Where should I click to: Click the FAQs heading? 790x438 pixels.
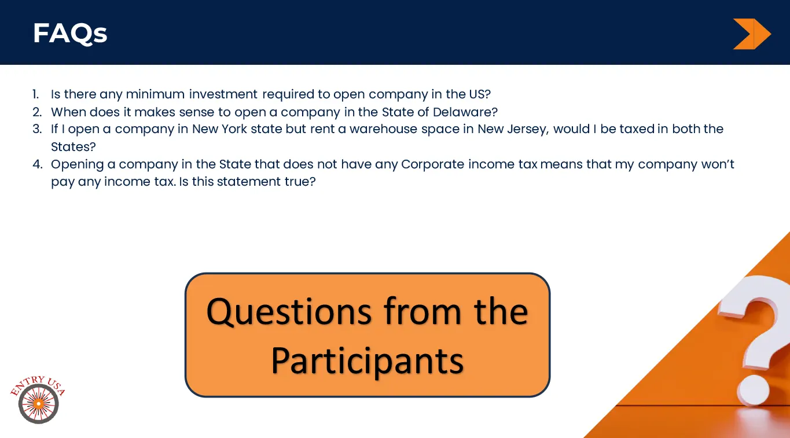pyautogui.click(x=70, y=34)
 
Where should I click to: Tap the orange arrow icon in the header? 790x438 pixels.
pyautogui.click(x=752, y=34)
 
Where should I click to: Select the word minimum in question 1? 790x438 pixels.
pyautogui.click(x=155, y=94)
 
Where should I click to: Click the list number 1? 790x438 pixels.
pyautogui.click(x=36, y=94)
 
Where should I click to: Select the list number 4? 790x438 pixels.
pyautogui.click(x=38, y=164)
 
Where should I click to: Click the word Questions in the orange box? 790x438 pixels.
pyautogui.click(x=289, y=312)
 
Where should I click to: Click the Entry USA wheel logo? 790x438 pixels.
pyautogui.click(x=38, y=399)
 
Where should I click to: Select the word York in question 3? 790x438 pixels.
pyautogui.click(x=234, y=129)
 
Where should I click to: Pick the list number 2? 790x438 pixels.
pyautogui.click(x=37, y=112)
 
